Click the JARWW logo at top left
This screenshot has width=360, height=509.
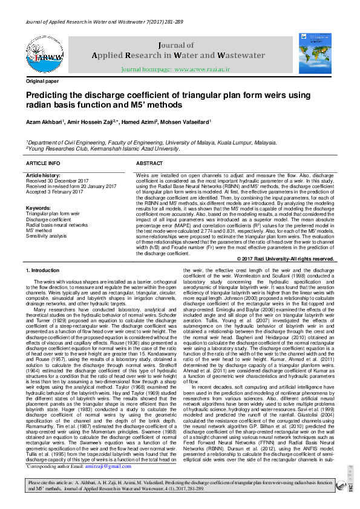44,55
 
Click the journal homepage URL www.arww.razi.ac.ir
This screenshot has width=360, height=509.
202,70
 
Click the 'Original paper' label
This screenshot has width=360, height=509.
42,81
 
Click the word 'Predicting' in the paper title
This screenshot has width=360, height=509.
48,95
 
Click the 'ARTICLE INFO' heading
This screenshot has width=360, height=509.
43,163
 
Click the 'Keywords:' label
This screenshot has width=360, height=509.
38,209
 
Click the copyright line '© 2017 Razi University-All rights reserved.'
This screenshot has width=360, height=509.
286,259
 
